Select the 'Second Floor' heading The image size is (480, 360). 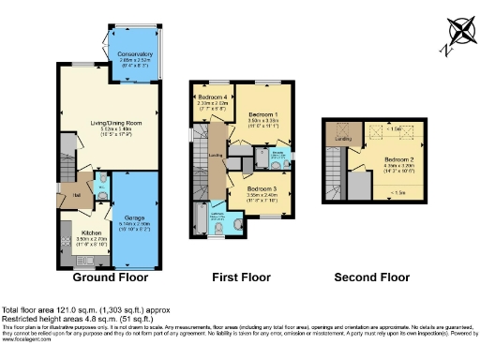coord(373,277)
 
